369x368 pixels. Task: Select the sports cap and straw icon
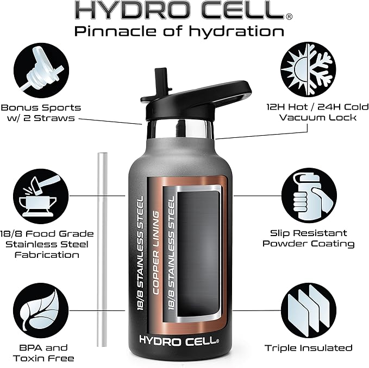tap(42, 68)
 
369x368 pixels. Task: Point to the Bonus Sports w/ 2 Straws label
tap(41, 113)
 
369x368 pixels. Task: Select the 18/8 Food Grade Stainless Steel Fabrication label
tap(47, 244)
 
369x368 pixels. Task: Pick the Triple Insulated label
tap(309, 348)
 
